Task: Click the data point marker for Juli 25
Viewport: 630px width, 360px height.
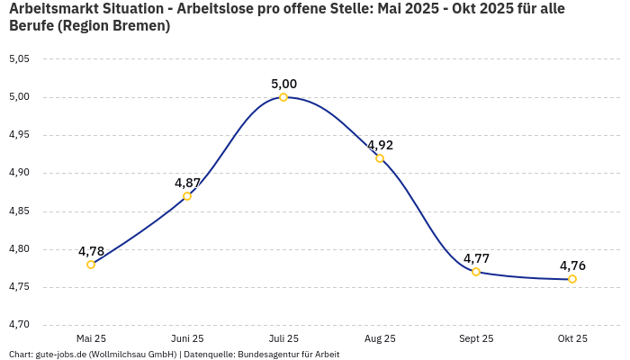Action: (x=283, y=97)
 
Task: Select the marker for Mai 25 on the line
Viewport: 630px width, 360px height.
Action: (x=91, y=265)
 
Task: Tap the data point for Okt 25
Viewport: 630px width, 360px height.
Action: (x=572, y=279)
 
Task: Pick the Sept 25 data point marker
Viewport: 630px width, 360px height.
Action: (x=476, y=272)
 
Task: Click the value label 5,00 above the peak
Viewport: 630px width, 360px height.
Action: (x=283, y=84)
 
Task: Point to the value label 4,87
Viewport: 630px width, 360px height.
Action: (x=187, y=183)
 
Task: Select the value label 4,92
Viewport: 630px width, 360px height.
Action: (x=380, y=145)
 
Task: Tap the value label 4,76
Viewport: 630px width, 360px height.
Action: (x=572, y=265)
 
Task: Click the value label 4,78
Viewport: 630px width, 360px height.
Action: (x=91, y=251)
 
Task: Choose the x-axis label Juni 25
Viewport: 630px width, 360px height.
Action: (x=187, y=338)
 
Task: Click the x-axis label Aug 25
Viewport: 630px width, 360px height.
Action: (x=380, y=338)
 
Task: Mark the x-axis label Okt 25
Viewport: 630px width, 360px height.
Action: (x=572, y=338)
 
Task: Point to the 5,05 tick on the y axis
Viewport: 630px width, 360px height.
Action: (x=19, y=59)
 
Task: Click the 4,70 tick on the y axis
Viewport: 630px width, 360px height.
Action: (x=19, y=324)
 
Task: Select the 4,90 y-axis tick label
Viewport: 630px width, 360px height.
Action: (x=19, y=173)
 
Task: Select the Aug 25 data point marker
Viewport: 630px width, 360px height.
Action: (x=380, y=158)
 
